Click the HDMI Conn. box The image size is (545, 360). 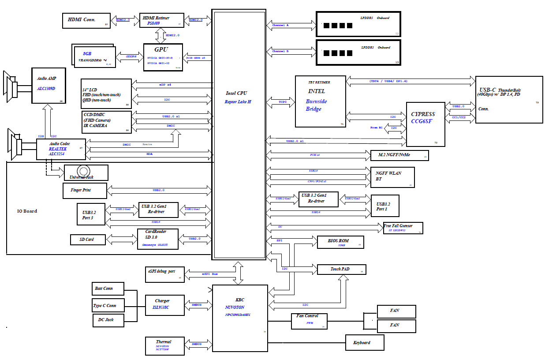pyautogui.click(x=86, y=21)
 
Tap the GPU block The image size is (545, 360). pyautogui.click(x=163, y=57)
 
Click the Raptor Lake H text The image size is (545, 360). pyautogui.click(x=238, y=102)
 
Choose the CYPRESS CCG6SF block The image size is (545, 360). pyautogui.click(x=425, y=124)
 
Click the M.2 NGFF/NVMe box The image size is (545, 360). pyautogui.click(x=399, y=155)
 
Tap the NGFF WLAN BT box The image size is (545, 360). pyautogui.click(x=392, y=177)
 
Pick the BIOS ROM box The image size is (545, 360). pyautogui.click(x=340, y=242)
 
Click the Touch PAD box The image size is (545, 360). pyautogui.click(x=342, y=269)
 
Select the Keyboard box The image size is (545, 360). pyautogui.click(x=364, y=343)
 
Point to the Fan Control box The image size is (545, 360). pyautogui.click(x=310, y=321)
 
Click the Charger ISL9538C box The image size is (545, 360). pyautogui.click(x=164, y=304)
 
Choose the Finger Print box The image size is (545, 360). pyautogui.click(x=85, y=191)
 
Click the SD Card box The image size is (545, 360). pyautogui.click(x=88, y=240)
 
